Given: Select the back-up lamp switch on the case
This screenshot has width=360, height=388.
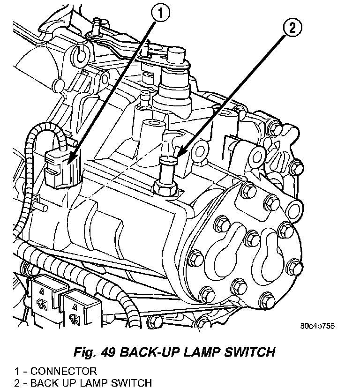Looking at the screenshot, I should coord(167,171).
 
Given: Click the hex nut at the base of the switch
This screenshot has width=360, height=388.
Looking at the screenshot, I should coord(165,188).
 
